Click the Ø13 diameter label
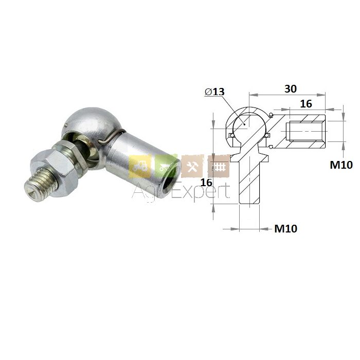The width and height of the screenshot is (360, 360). (x=214, y=92)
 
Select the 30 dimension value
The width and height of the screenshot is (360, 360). (x=291, y=89)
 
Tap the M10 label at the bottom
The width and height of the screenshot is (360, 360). (x=286, y=228)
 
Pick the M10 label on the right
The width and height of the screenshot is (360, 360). (x=341, y=165)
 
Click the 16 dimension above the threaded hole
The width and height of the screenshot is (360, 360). (x=306, y=104)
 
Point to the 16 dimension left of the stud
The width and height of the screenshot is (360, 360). (x=206, y=183)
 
